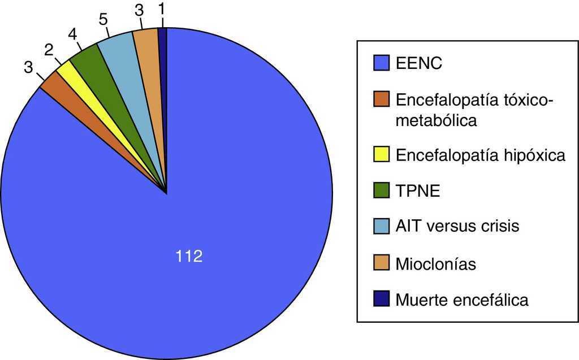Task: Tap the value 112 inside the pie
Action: (x=189, y=257)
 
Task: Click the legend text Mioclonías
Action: (x=435, y=263)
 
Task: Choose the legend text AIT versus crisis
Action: (x=457, y=227)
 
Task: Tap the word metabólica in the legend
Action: (x=436, y=120)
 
